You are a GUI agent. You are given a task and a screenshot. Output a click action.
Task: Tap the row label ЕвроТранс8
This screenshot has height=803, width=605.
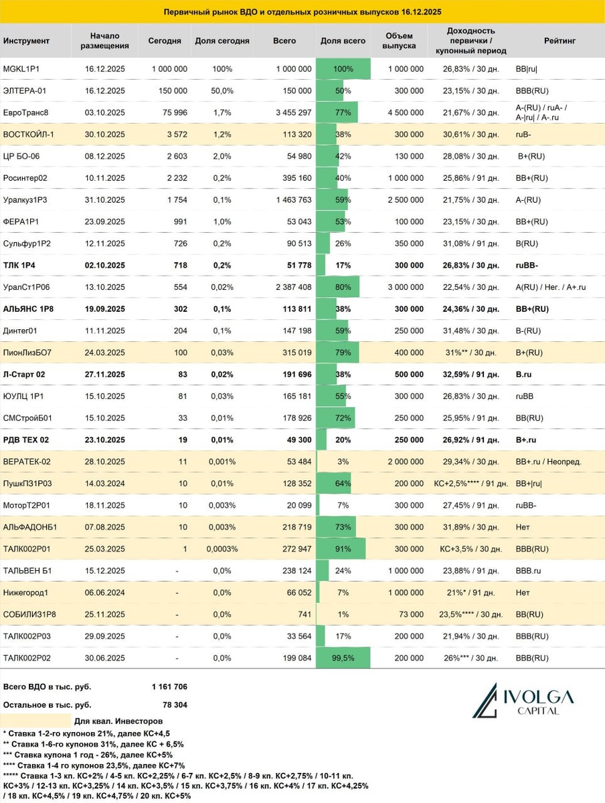26,112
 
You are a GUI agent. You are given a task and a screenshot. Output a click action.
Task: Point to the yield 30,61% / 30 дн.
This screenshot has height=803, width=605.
471,134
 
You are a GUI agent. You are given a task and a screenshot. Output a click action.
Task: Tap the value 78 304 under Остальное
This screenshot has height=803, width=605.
173,705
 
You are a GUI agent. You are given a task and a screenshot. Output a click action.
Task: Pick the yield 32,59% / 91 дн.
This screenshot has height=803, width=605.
471,373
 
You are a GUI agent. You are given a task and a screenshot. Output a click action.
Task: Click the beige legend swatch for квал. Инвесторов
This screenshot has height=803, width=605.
36,721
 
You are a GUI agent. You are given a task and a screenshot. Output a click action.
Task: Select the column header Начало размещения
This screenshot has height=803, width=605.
104,41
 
